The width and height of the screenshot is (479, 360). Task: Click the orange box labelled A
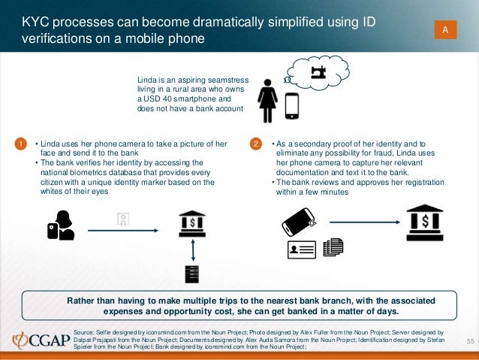(445, 29)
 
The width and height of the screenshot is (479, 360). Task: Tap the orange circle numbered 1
(20, 144)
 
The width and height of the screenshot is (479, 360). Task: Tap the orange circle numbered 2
(256, 144)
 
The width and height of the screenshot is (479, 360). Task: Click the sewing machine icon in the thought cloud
(318, 73)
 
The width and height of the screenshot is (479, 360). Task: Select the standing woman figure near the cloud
(267, 101)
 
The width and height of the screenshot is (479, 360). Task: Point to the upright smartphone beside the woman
(292, 106)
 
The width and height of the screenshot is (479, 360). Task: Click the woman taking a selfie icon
(61, 225)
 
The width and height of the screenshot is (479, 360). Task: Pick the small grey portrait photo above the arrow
(123, 219)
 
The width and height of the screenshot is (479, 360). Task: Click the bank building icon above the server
(192, 224)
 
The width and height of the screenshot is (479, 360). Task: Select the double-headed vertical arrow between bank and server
(193, 250)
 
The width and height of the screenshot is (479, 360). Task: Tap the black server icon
(192, 274)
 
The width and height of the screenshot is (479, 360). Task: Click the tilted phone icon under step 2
(299, 222)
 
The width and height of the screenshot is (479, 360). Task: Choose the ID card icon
(302, 250)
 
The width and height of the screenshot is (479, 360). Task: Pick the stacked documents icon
(333, 247)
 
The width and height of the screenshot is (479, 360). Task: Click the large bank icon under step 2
(425, 222)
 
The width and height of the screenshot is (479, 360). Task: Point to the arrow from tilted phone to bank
(365, 222)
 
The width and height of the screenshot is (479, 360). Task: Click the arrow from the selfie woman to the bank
(123, 230)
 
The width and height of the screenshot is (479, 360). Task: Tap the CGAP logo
(41, 340)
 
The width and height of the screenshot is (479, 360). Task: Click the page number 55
(471, 341)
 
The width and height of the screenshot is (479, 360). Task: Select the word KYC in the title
(35, 22)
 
